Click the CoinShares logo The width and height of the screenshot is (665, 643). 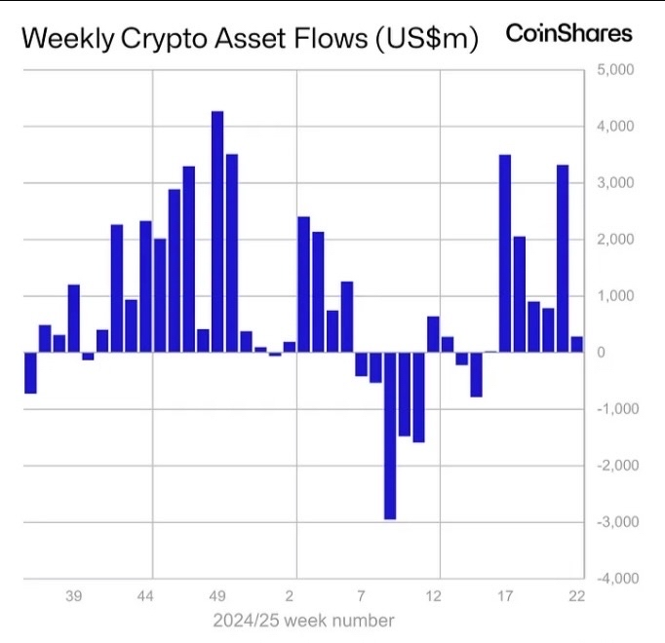(568, 33)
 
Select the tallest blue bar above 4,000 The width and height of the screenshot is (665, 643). (217, 231)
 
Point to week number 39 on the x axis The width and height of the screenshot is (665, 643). (74, 596)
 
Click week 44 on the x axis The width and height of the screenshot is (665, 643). (146, 596)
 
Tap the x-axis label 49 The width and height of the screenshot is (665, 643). (218, 596)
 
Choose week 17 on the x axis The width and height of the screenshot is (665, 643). (505, 596)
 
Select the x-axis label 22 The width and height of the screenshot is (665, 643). (577, 596)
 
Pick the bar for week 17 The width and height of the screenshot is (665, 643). (505, 253)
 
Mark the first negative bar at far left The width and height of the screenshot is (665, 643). (30, 372)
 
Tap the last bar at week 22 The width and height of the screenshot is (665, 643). (577, 344)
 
